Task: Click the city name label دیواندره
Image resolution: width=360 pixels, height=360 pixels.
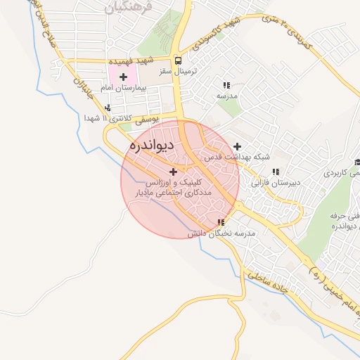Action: [x=150, y=146]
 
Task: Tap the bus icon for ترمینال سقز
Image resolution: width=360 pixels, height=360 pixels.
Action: [x=179, y=61]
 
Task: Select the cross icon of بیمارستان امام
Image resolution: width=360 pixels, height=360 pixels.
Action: [x=124, y=77]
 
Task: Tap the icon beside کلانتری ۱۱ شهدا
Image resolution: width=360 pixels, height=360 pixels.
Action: [x=108, y=108]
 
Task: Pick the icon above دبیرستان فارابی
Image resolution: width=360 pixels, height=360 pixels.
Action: [x=276, y=171]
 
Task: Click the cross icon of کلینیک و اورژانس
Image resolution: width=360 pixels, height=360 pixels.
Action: [x=174, y=171]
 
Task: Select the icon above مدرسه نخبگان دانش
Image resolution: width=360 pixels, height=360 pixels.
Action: [x=221, y=222]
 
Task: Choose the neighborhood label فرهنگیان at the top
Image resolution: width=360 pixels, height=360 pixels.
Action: [x=124, y=8]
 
